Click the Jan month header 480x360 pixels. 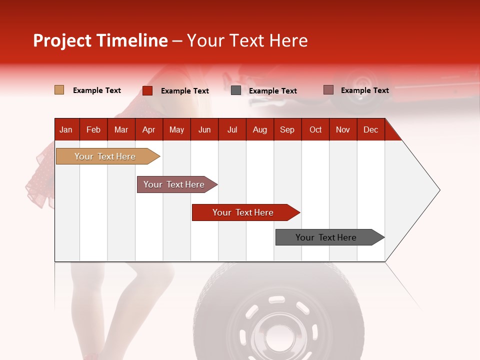(66, 129)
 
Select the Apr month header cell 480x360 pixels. (149, 129)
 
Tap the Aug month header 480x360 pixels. (260, 129)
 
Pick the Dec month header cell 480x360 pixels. (370, 129)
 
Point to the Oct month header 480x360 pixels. (315, 129)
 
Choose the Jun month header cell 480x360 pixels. (204, 129)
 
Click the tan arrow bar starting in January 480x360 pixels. (105, 156)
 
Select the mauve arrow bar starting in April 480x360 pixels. (174, 184)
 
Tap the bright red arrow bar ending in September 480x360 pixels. (243, 212)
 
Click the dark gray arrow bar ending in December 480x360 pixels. (326, 237)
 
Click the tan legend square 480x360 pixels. (59, 90)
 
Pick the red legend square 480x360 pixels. (147, 90)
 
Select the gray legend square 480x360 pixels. (236, 90)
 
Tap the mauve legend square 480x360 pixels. (328, 90)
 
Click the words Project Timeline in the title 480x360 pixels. (100, 40)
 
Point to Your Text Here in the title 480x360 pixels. (247, 40)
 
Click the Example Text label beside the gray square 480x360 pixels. (272, 91)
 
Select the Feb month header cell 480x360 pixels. (93, 129)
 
